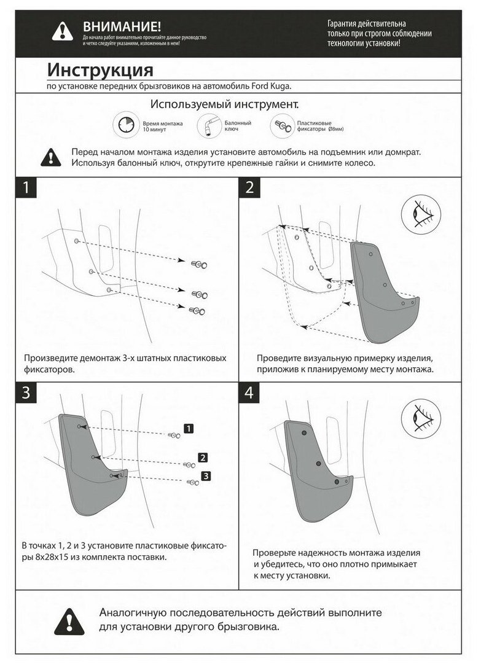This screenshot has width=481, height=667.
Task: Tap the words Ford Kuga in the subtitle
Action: pos(275,87)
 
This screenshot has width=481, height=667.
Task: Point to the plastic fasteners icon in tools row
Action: pos(282,126)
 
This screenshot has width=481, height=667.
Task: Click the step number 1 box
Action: pos(26,187)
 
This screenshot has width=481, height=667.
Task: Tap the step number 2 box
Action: pos(249,187)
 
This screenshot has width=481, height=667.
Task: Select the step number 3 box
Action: pos(26,393)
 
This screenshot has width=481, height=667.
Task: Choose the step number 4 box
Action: pos(249,393)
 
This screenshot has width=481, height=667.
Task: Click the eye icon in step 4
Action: pos(421,419)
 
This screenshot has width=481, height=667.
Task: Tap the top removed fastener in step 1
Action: pos(199,263)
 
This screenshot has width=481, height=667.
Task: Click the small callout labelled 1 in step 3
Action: pos(189,428)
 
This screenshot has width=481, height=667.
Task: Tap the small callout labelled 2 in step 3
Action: pos(202,457)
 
